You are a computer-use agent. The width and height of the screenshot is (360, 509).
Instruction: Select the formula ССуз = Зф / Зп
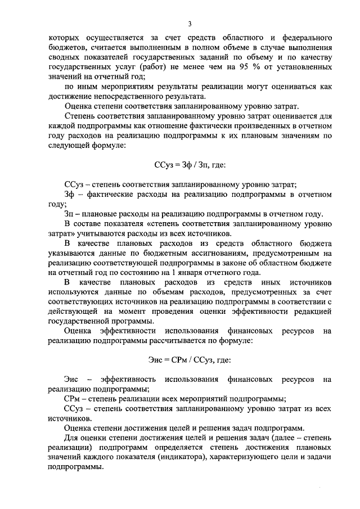pyautogui.click(x=189, y=166)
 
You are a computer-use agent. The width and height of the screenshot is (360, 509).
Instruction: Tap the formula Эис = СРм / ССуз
pyautogui.click(x=189, y=359)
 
